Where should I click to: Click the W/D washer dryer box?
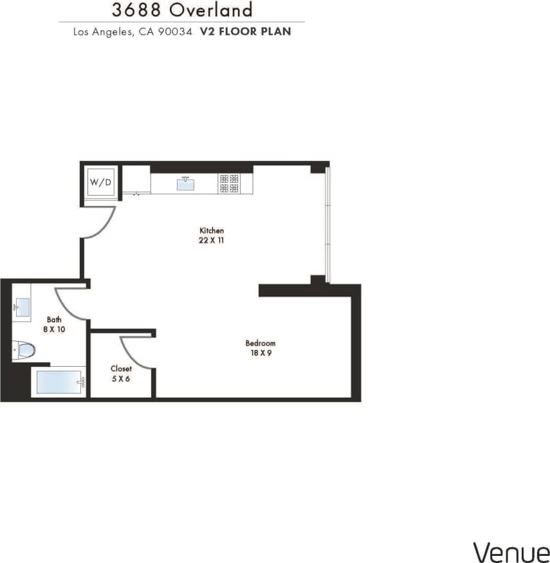click(x=100, y=182)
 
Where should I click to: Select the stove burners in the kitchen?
click(x=230, y=183)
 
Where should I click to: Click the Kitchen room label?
click(x=212, y=230)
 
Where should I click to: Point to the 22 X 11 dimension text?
click(x=212, y=241)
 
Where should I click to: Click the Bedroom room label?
click(x=261, y=343)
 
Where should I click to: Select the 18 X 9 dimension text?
click(x=261, y=353)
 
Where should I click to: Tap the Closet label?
click(x=121, y=369)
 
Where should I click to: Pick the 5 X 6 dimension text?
click(x=121, y=379)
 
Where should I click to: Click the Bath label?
click(x=54, y=319)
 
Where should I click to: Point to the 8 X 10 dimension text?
click(x=54, y=329)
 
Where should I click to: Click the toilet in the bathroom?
click(x=24, y=351)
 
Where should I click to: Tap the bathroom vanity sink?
click(x=21, y=308)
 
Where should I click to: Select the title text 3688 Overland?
click(x=182, y=10)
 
